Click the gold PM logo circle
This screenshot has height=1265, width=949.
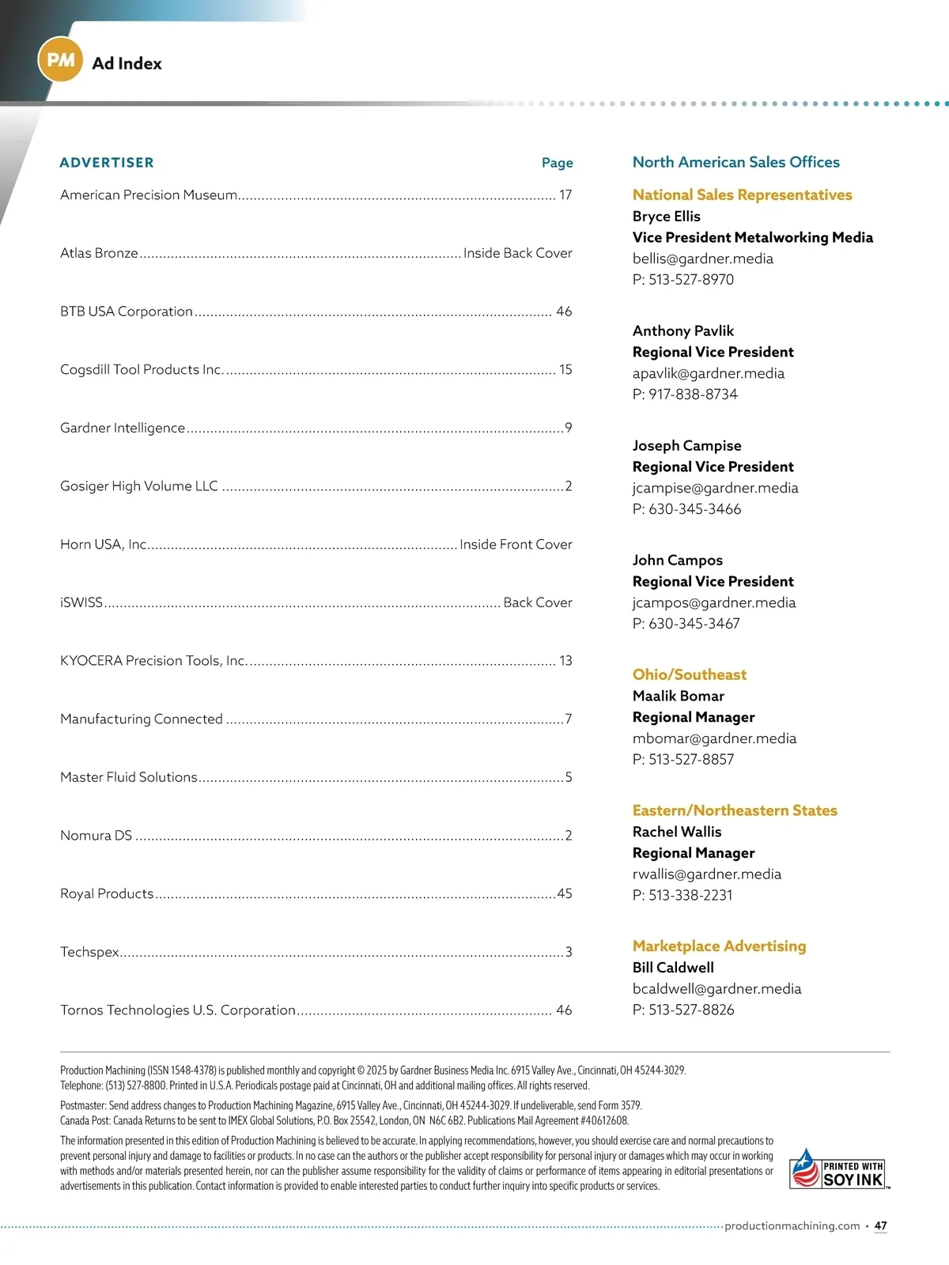pyautogui.click(x=61, y=59)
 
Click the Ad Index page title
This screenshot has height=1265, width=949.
pyautogui.click(x=127, y=63)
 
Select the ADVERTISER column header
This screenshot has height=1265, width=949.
pyautogui.click(x=107, y=163)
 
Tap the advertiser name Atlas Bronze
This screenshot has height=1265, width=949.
pyautogui.click(x=99, y=253)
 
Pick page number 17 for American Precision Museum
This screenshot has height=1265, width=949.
pyautogui.click(x=565, y=194)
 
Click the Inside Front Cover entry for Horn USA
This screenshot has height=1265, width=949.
pyautogui.click(x=516, y=544)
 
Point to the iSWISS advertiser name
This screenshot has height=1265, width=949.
pyautogui.click(x=81, y=602)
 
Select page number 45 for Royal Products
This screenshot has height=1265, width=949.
pyautogui.click(x=565, y=893)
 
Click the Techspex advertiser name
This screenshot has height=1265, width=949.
pyautogui.click(x=89, y=952)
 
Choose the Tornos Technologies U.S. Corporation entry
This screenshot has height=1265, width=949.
pyautogui.click(x=178, y=1010)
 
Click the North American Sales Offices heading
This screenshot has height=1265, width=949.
pyautogui.click(x=735, y=162)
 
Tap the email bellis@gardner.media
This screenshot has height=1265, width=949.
pyautogui.click(x=702, y=259)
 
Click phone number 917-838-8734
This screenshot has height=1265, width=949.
pyautogui.click(x=693, y=394)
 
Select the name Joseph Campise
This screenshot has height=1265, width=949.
pyautogui.click(x=686, y=445)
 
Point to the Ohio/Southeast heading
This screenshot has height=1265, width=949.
pyautogui.click(x=689, y=674)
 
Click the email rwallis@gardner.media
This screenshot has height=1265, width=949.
pyautogui.click(x=706, y=874)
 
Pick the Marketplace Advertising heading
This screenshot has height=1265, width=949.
pyautogui.click(x=719, y=946)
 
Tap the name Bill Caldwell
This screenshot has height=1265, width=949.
pyautogui.click(x=673, y=967)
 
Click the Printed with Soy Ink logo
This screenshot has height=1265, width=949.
pyautogui.click(x=839, y=1169)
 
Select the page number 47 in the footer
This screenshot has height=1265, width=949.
pyautogui.click(x=880, y=1225)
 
